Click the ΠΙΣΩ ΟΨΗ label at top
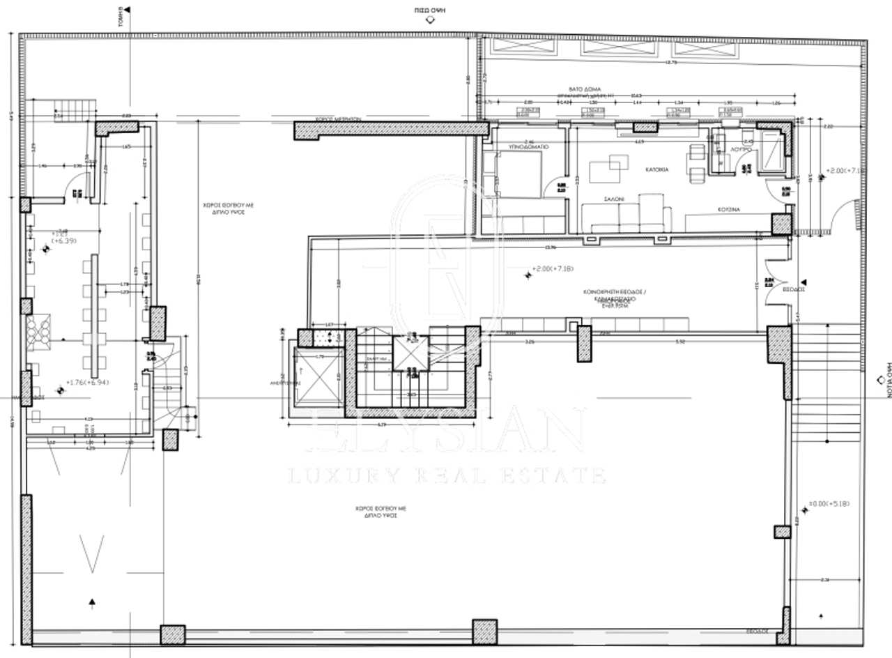click(x=429, y=10)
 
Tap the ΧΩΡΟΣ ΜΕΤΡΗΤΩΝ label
click(x=337, y=119)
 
